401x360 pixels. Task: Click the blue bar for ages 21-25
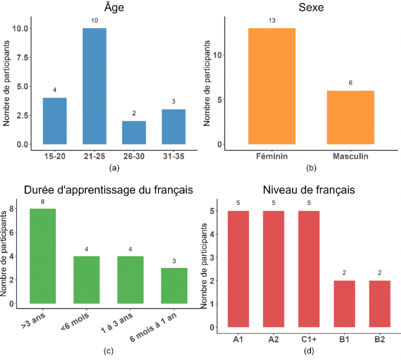click(x=94, y=86)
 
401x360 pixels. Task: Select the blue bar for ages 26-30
click(x=134, y=133)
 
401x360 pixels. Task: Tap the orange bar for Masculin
click(x=351, y=118)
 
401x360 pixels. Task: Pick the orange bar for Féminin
click(x=272, y=86)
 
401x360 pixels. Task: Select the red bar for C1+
click(x=309, y=269)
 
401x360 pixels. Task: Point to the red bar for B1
click(x=345, y=304)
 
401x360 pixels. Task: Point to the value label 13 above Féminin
click(x=272, y=21)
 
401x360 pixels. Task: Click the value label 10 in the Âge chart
click(x=94, y=21)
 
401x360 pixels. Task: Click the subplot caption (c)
click(x=108, y=351)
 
